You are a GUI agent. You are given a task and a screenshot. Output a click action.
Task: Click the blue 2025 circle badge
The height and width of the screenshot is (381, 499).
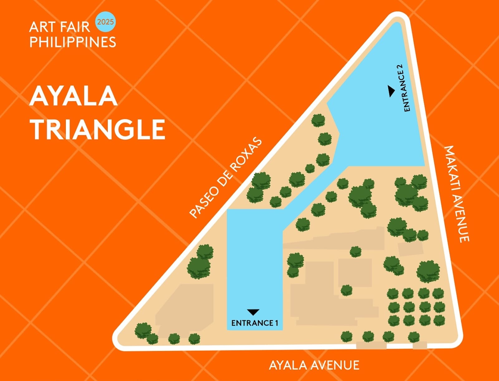point(105,22)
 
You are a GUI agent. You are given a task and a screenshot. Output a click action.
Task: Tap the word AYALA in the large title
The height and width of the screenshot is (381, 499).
point(74,96)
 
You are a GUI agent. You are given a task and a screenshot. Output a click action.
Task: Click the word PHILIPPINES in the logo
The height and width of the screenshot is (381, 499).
point(73,42)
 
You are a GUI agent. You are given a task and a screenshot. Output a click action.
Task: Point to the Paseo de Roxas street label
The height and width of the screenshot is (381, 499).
point(226,177)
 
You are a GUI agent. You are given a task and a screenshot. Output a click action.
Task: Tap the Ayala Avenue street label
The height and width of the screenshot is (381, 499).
point(314,365)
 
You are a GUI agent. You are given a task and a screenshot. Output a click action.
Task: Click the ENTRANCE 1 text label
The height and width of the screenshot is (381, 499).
point(254,323)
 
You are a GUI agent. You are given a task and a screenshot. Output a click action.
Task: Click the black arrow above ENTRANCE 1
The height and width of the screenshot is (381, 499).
point(253,312)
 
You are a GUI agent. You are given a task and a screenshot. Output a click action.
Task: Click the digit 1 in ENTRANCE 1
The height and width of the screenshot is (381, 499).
point(276,323)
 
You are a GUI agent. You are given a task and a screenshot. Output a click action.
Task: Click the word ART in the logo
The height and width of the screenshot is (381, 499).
point(39,27)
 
